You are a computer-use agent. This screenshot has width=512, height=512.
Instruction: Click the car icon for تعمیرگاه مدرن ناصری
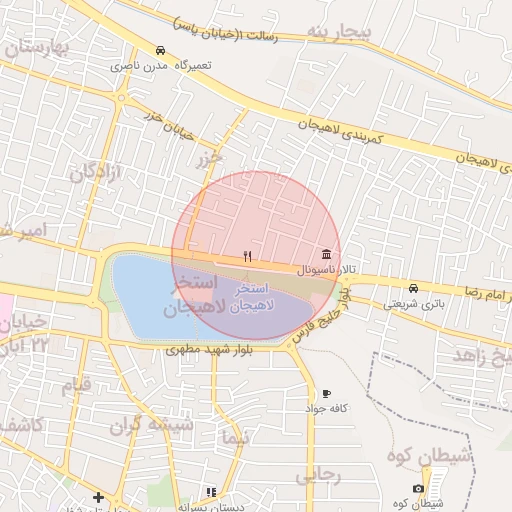click(x=160, y=50)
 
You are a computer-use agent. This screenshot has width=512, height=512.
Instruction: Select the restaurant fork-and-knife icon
click(x=247, y=256)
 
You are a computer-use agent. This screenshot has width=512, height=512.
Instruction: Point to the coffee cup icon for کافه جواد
click(x=327, y=393)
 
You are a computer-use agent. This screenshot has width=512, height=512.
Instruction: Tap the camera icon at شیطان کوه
click(x=418, y=488)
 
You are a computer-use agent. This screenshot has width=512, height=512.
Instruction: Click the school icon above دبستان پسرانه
click(x=210, y=492)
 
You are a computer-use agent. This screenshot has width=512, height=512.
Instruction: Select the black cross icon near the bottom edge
click(x=98, y=497)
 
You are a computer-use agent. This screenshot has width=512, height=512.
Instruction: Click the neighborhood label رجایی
click(x=318, y=475)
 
